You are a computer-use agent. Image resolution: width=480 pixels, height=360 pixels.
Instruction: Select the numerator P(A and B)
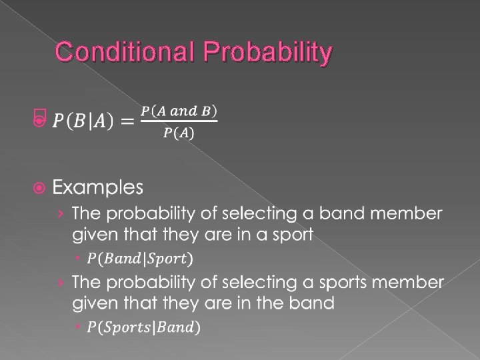179,109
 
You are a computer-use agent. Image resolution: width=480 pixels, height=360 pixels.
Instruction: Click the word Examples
98,188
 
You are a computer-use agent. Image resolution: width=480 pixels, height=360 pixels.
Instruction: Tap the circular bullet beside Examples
39,188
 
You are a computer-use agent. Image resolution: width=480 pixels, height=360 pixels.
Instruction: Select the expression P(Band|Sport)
141,257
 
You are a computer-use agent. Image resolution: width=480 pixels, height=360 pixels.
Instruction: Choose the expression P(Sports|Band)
144,327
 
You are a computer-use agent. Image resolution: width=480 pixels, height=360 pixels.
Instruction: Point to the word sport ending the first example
289,235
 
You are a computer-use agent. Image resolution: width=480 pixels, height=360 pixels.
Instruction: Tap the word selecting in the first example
250,214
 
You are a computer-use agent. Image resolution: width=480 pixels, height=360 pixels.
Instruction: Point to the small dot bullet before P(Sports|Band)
79,327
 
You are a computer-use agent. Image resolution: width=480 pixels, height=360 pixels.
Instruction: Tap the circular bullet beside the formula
39,121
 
